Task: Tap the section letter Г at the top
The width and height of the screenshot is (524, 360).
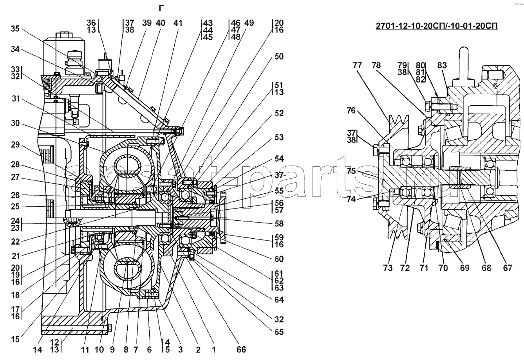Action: [x=161, y=8]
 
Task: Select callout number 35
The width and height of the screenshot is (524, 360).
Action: [x=15, y=29]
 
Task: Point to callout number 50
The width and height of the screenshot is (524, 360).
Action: [x=279, y=57]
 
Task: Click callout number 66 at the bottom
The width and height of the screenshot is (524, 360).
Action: [x=241, y=349]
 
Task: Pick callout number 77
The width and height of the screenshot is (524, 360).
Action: [x=357, y=65]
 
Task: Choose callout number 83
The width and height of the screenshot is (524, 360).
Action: [x=442, y=65]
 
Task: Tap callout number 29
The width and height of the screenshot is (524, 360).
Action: [x=15, y=145]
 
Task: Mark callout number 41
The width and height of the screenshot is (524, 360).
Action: [x=178, y=23]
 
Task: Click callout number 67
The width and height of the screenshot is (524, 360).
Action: [x=508, y=268]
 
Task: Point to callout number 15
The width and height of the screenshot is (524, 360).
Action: [x=15, y=339]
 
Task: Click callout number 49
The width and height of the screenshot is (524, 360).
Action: [x=249, y=23]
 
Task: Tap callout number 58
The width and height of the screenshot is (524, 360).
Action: [x=279, y=224]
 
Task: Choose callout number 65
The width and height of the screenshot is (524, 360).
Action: [x=279, y=332]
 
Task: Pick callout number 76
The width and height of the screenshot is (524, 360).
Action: [x=351, y=111]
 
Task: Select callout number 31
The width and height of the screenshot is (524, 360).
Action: [x=15, y=100]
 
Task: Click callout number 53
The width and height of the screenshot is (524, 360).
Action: [x=279, y=137]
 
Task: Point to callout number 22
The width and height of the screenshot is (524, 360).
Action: [x=15, y=242]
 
